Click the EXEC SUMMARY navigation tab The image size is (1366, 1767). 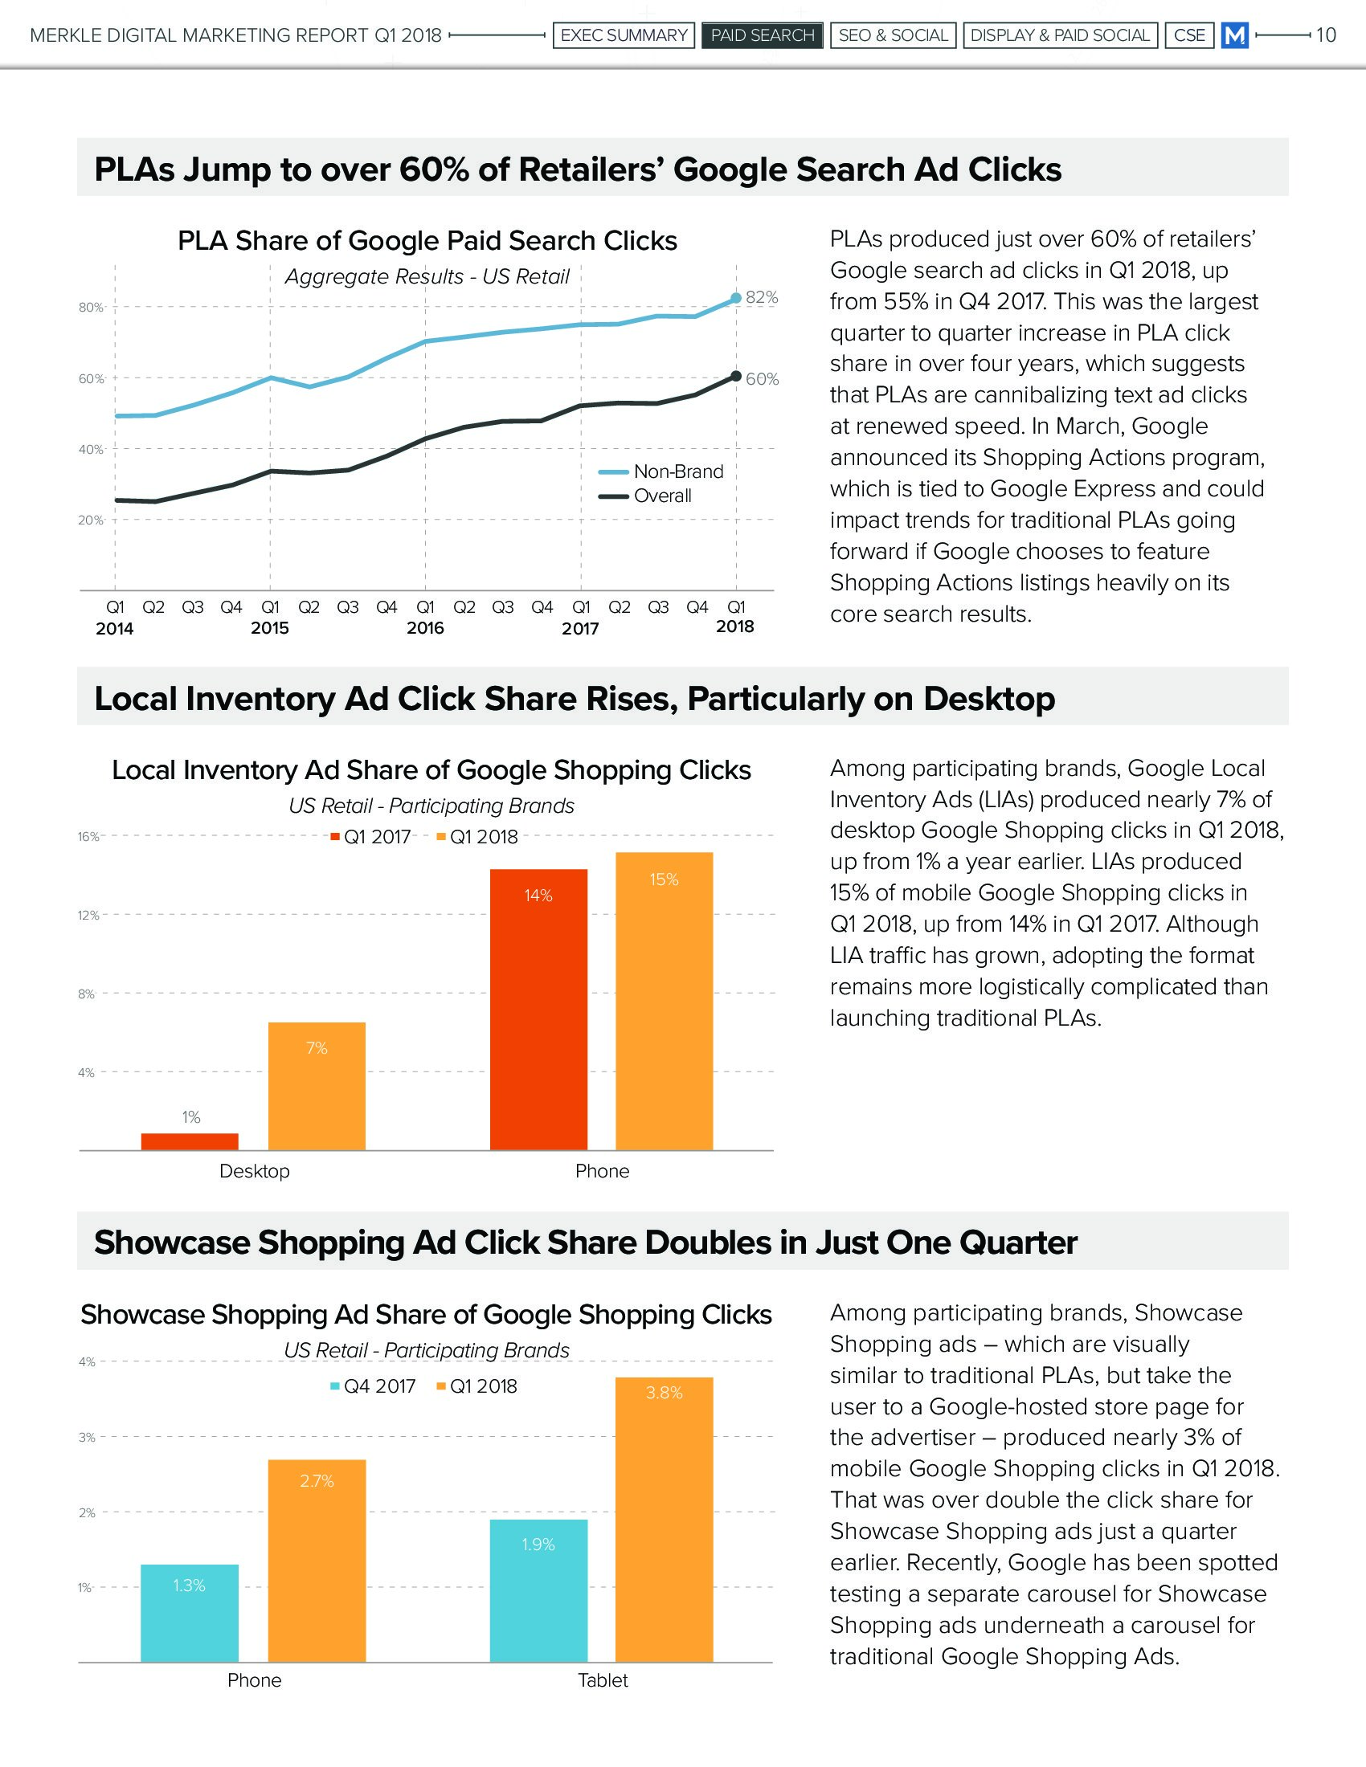pos(623,35)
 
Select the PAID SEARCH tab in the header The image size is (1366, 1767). pos(762,35)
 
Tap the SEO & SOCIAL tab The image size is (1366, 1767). pos(893,35)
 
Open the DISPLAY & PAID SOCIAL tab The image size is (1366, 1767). pos(1059,35)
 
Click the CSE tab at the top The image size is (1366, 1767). pos(1188,35)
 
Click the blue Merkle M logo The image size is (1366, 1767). pos(1234,35)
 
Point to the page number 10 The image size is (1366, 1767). pos(1326,35)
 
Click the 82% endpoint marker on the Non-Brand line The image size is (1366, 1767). pos(735,299)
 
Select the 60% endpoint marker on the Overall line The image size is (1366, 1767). pos(735,376)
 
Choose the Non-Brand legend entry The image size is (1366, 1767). pos(677,471)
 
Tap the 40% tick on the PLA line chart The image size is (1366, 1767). pos(91,450)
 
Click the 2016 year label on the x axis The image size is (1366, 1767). pos(425,628)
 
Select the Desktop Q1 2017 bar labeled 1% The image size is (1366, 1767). pos(190,1141)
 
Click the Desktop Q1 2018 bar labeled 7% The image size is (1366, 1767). pos(317,1086)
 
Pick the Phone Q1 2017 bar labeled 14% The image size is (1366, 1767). pos(538,1009)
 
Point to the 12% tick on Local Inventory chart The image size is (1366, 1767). pos(88,916)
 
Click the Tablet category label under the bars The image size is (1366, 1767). pos(602,1680)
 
